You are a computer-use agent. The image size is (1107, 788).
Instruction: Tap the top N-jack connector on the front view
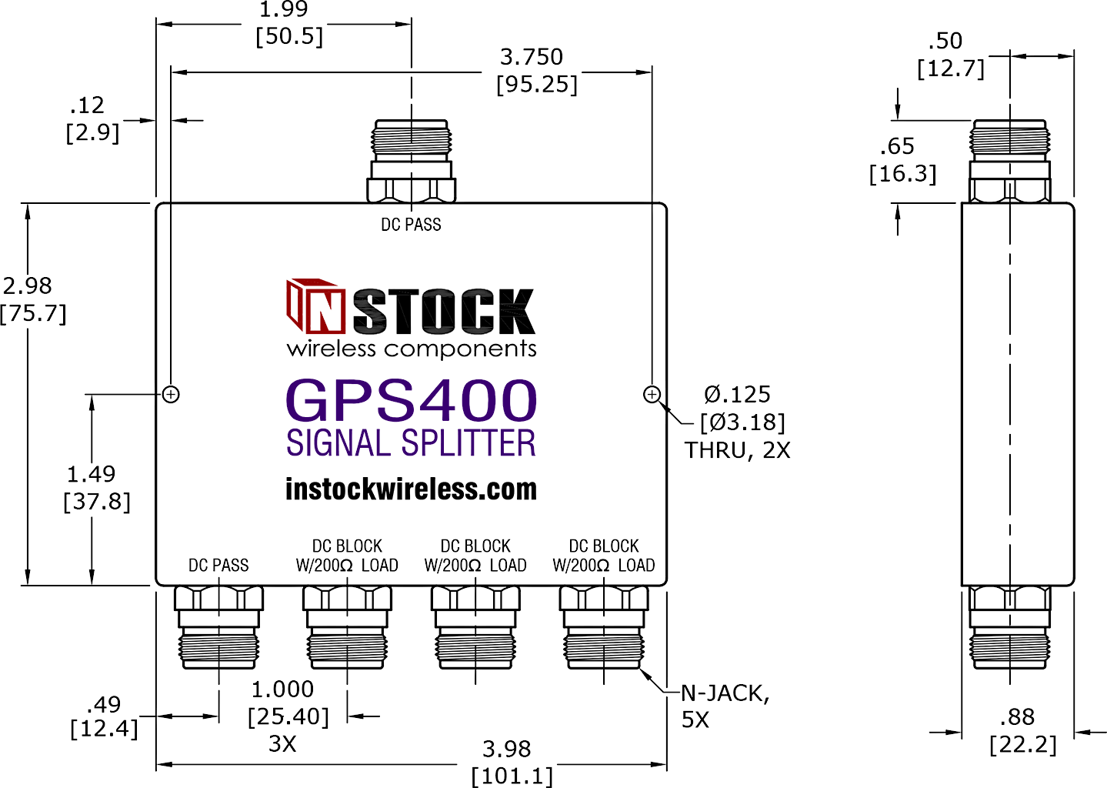411,161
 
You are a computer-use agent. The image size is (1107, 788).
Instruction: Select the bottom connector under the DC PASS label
218,628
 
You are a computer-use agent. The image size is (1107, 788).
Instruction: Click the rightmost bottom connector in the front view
604,628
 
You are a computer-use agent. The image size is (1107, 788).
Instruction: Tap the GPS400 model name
411,400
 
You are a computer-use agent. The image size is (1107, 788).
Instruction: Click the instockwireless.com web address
411,489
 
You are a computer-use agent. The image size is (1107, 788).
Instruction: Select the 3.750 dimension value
532,57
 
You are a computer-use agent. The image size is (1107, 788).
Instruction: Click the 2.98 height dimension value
27,285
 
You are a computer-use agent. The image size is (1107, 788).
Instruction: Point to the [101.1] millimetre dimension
512,776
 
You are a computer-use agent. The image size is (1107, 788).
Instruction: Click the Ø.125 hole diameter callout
737,395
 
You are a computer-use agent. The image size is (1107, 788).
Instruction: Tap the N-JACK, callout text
725,694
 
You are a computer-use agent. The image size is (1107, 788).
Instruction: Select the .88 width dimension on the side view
1017,716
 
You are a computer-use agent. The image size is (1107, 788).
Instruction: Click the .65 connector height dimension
897,146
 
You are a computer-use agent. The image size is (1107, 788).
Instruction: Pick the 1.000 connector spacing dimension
282,689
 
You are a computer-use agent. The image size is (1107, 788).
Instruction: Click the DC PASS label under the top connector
411,225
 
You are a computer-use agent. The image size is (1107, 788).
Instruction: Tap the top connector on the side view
1009,161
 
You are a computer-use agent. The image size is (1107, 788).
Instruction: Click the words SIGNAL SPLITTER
411,442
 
